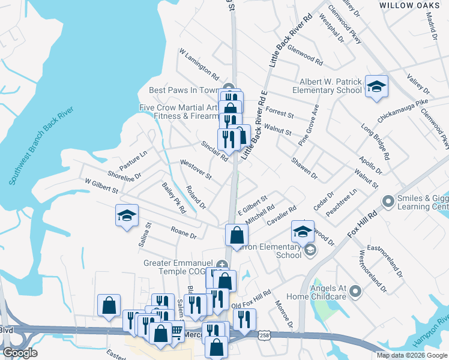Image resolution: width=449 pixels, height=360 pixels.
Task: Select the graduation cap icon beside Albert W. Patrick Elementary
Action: tap(376, 86)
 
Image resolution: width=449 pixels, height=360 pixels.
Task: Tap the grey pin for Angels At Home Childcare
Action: tap(355, 292)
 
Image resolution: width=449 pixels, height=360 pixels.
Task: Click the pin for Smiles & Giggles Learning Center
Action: tap(388, 201)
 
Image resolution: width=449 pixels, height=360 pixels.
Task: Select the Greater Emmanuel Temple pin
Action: tap(222, 265)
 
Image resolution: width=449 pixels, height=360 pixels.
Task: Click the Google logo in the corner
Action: tap(20, 353)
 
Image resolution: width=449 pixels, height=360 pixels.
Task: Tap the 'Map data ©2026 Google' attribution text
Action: tap(412, 355)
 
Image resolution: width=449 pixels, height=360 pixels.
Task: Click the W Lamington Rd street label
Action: tap(199, 64)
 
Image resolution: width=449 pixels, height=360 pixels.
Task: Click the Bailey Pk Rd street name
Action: tap(173, 199)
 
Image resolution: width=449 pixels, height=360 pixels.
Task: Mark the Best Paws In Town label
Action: tap(185, 90)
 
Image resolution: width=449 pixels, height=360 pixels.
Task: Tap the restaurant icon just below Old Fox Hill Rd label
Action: tap(244, 319)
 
